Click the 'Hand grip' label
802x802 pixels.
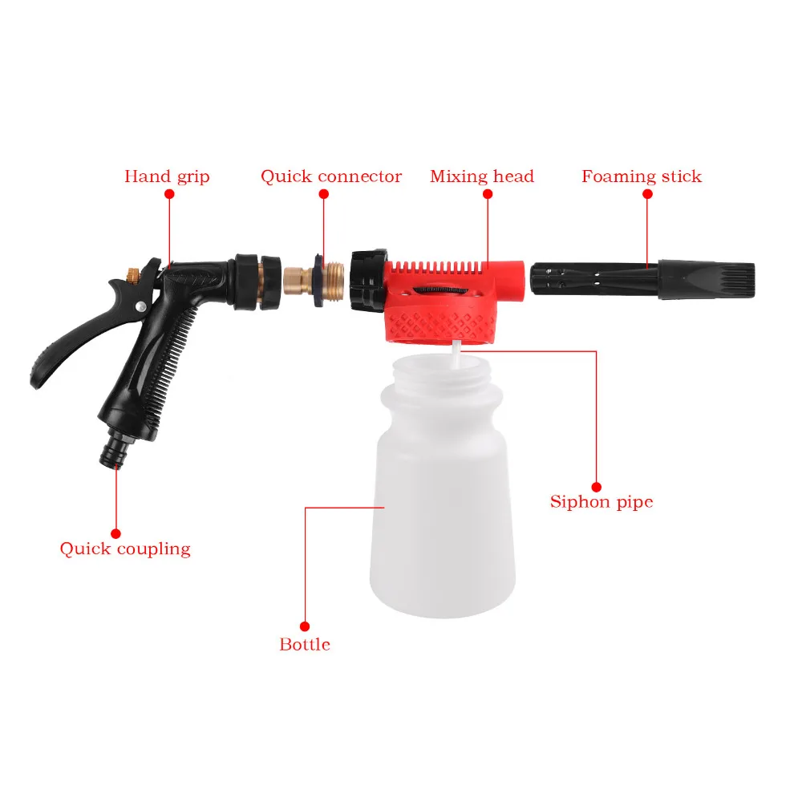[x=167, y=176]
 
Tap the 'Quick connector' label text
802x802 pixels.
[x=330, y=176]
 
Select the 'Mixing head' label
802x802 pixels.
[x=481, y=176]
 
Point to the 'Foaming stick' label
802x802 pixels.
[x=641, y=176]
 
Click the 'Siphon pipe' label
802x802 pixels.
[x=601, y=502]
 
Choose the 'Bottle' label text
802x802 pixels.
[x=305, y=644]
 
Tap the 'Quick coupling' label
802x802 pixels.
[x=125, y=549]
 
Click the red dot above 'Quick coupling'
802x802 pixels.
[x=115, y=533]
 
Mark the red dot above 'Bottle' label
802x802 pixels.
[x=305, y=626]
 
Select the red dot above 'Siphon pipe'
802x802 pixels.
[x=596, y=486]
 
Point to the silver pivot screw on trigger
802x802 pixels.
[x=141, y=306]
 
